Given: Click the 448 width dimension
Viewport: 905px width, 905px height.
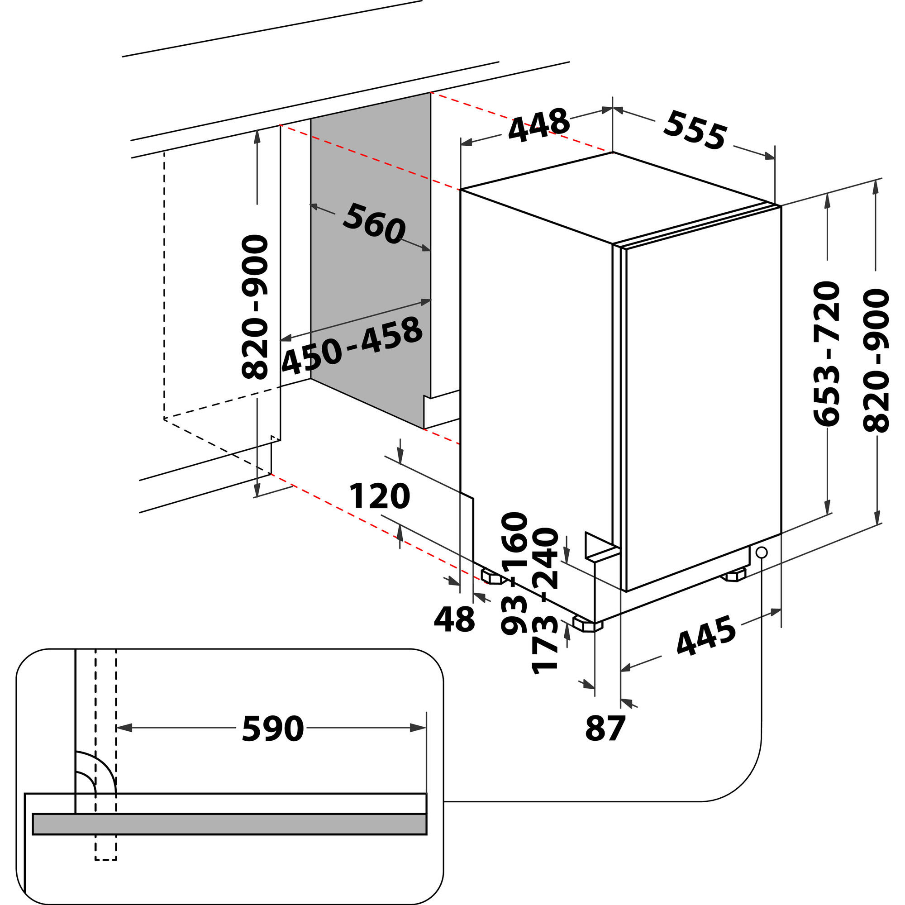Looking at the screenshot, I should point(538,125).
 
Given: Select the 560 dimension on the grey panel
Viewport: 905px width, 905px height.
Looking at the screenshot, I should point(374,224).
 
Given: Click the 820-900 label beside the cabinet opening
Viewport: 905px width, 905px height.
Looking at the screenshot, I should point(255,307).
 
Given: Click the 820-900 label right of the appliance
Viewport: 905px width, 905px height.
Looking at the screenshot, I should point(876,361).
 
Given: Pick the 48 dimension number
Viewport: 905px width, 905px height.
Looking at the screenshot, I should point(454,619).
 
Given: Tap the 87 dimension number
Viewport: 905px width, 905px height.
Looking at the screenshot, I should point(605,729).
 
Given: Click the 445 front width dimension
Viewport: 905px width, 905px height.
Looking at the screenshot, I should point(706,636).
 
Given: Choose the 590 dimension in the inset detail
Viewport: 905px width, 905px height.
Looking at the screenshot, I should point(272,729).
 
